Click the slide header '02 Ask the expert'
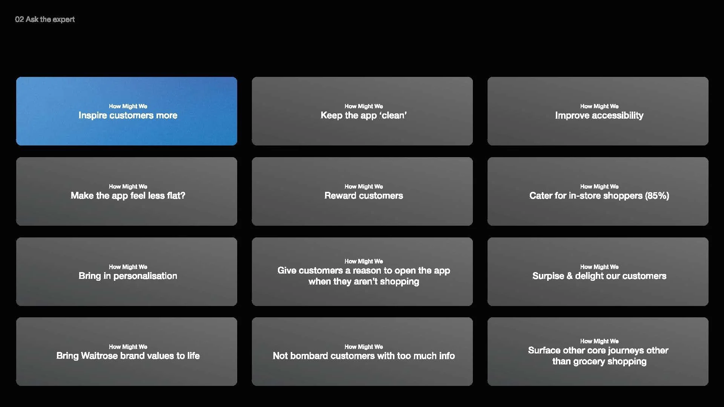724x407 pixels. coord(45,19)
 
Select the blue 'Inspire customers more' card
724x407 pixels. coord(127,111)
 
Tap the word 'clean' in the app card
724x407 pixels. coord(394,115)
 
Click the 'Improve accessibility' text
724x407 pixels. coord(599,115)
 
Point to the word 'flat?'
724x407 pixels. coord(176,196)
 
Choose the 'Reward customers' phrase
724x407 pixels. coord(364,196)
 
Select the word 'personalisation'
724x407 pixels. coord(145,276)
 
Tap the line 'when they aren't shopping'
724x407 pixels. coord(364,282)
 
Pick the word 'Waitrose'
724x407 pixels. coord(99,356)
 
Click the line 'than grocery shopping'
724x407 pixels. coord(599,361)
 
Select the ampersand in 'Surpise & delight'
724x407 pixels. coord(569,276)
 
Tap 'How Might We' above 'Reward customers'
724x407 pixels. coord(364,187)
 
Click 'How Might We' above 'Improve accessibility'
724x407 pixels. coord(599,106)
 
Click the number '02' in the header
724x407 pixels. coord(19,19)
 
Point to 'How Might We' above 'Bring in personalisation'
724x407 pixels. coord(128,267)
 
